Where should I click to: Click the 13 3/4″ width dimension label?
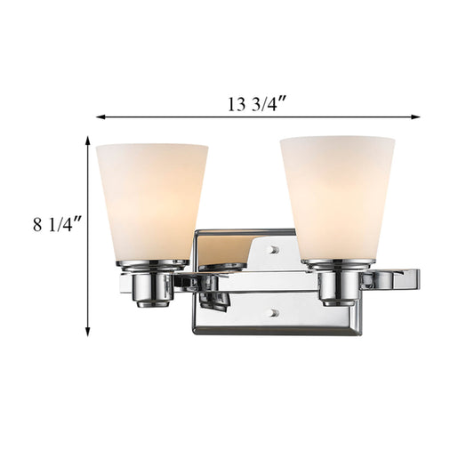click(256, 103)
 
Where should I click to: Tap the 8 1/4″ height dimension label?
click(57, 224)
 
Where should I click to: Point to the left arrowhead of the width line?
click(100, 117)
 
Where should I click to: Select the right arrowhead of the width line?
click(415, 117)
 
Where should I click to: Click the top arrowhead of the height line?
click(88, 141)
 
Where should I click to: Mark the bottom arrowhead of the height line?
click(88, 332)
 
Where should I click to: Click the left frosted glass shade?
click(152, 202)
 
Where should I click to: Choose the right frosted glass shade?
click(337, 198)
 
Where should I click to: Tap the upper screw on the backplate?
click(275, 249)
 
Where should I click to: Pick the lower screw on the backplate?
click(275, 313)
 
